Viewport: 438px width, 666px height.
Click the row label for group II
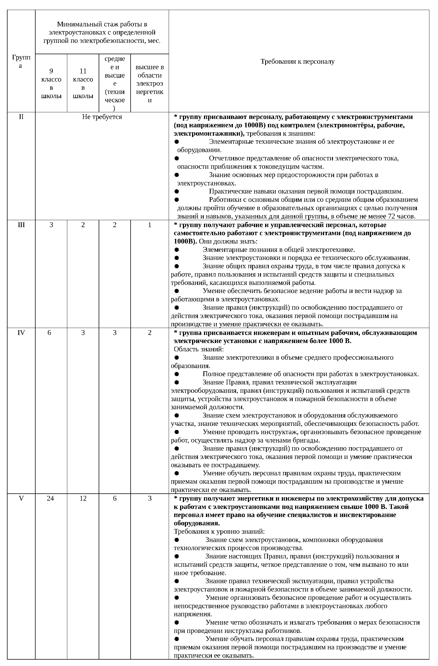click(21, 117)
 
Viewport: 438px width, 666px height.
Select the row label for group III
click(21, 225)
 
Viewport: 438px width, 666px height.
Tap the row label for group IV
click(21, 333)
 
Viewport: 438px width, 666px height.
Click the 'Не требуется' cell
click(102, 117)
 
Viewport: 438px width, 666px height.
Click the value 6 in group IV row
click(49, 333)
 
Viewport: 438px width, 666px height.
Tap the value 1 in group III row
click(150, 225)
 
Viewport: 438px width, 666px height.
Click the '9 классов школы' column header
click(51, 83)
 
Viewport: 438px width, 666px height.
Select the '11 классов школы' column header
click(83, 83)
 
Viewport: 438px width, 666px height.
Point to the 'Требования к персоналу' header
click(297, 61)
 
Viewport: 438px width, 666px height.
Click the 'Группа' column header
click(21, 61)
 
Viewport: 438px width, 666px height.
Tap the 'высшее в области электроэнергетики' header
click(150, 83)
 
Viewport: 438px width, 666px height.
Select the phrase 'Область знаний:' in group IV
click(199, 349)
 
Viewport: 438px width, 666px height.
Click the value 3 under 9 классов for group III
click(51, 225)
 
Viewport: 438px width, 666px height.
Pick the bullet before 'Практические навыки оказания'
click(176, 192)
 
